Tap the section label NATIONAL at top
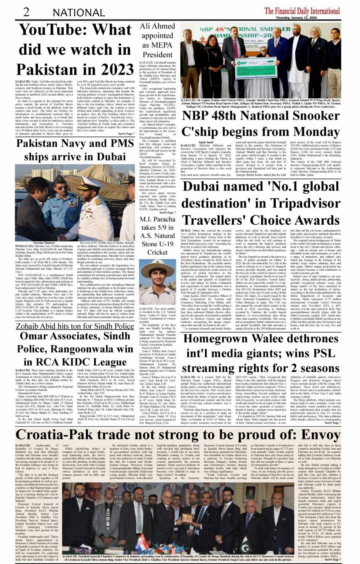pos(79,13)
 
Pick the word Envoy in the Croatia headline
pos(320,435)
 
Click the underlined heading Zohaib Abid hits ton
pos(75,326)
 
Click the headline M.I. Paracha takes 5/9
pos(157,236)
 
